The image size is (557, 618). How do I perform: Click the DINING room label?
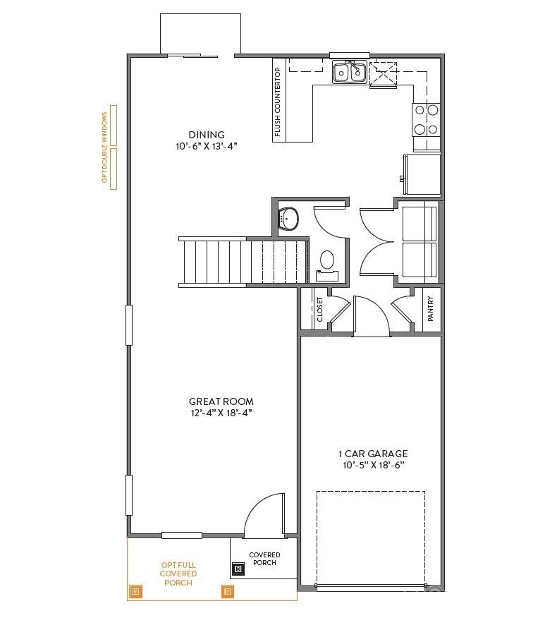click(x=206, y=135)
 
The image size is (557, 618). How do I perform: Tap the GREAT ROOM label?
click(x=221, y=401)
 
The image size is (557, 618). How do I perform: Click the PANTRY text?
click(x=431, y=308)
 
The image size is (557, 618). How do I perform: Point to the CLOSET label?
click(x=320, y=309)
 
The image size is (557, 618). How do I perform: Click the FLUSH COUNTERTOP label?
click(x=278, y=102)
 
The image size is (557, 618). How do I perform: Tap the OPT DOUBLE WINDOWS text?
click(x=104, y=147)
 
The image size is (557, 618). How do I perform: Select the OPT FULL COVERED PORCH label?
click(x=178, y=574)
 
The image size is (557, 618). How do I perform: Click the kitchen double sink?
click(x=348, y=72)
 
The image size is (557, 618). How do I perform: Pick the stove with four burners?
click(x=426, y=119)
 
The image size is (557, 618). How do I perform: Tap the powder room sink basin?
click(x=289, y=219)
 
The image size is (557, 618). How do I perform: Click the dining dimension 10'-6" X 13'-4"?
click(x=206, y=147)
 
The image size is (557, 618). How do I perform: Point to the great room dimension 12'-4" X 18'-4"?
click(x=221, y=413)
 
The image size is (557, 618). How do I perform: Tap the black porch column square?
click(x=238, y=568)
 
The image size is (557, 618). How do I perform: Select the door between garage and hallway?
click(x=372, y=317)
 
